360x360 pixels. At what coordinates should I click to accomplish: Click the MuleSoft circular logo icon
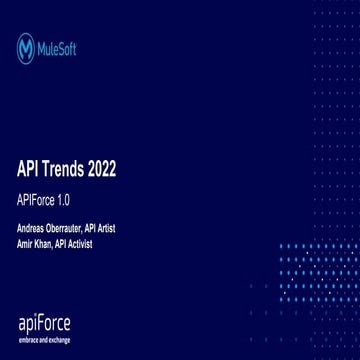point(26,47)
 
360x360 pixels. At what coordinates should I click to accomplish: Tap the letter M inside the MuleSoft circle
point(26,47)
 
